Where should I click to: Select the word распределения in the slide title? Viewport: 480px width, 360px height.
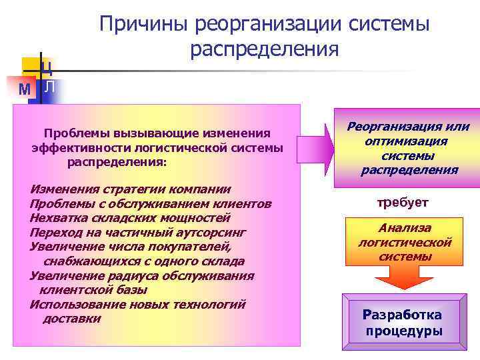[x=264, y=50]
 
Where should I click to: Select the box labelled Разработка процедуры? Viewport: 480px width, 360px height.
[x=402, y=323]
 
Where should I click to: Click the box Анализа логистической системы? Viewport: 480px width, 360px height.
[x=405, y=242]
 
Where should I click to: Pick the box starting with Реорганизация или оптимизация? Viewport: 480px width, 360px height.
[x=409, y=148]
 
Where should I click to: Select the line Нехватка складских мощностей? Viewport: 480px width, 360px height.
[x=130, y=217]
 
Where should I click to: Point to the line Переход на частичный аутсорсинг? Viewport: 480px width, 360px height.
[x=138, y=232]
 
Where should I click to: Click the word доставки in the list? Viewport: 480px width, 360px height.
[x=72, y=319]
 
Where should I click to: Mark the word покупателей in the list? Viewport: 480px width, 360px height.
[x=182, y=247]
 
